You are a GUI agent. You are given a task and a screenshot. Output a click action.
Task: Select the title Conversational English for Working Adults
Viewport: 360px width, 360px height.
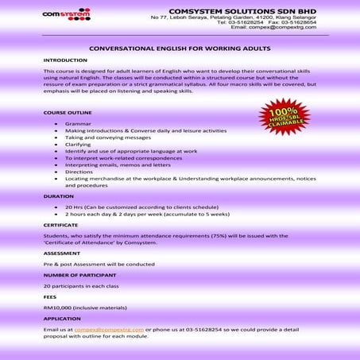[x=180, y=48]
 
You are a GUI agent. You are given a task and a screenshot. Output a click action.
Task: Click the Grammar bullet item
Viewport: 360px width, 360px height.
[x=78, y=125]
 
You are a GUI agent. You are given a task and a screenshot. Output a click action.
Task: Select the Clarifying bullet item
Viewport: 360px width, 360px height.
[x=79, y=145]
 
